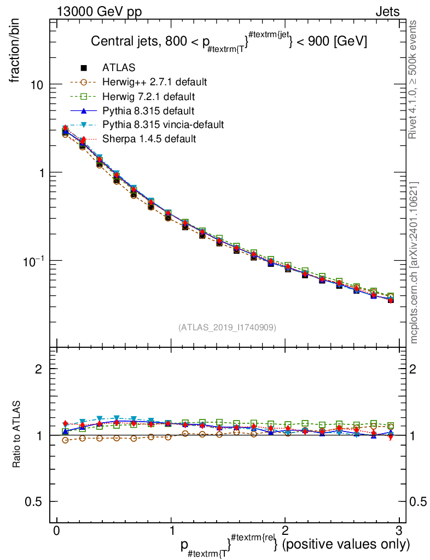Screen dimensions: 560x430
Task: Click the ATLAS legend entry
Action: click(119, 68)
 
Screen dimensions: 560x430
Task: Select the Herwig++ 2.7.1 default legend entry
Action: click(154, 82)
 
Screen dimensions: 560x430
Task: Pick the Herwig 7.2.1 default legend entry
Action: click(148, 96)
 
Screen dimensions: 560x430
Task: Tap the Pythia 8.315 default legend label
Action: click(148, 110)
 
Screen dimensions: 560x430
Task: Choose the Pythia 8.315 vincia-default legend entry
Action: click(163, 125)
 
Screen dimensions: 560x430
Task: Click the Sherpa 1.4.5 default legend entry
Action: click(149, 139)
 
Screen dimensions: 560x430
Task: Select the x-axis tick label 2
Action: click(285, 531)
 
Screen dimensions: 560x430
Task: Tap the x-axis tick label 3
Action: click(399, 531)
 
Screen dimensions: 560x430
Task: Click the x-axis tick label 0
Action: click(57, 531)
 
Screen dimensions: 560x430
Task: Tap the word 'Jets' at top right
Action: click(387, 11)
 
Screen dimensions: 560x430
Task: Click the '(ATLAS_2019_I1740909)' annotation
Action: click(227, 328)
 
